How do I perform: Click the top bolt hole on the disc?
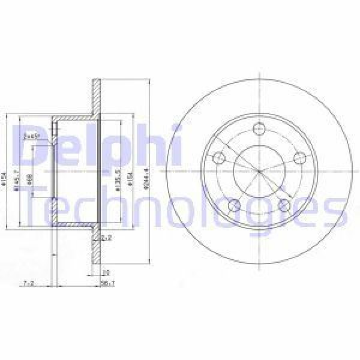(259, 128)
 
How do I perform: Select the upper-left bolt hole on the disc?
(218, 158)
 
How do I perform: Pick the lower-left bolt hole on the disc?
(234, 206)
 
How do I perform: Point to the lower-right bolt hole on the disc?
(285, 206)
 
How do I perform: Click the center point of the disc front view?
(259, 172)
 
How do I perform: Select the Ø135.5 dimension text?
(119, 179)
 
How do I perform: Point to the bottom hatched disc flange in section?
(96, 246)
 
